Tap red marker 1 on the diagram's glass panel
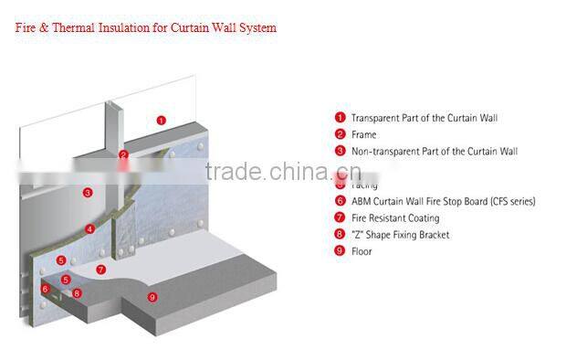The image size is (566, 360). tap(161, 120)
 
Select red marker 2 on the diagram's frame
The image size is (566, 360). tap(123, 154)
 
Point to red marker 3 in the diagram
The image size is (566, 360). tap(87, 193)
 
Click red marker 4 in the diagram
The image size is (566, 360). tap(89, 228)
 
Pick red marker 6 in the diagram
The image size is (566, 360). tap(45, 289)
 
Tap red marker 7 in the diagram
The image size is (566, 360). tap(101, 270)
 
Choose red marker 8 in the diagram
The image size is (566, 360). tap(77, 293)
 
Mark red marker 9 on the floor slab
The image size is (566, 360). tap(152, 296)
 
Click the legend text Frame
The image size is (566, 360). tap(363, 134)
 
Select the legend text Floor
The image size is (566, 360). tap(362, 251)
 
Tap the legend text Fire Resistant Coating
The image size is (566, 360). tap(395, 218)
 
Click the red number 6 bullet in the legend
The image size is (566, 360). tap(340, 201)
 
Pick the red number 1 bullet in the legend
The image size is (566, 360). tap(340, 118)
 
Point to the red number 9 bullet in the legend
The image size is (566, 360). tap(340, 251)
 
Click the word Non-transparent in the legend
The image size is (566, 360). tap(383, 151)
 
